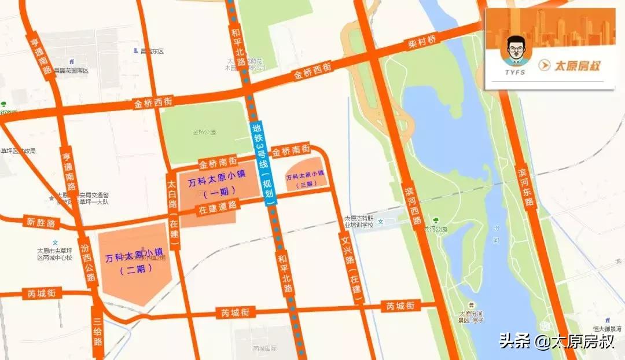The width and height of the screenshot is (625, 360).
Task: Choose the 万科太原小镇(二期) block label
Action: point(134,261)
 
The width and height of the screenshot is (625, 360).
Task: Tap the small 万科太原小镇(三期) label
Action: point(306,179)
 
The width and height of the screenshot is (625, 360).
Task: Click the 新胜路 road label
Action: point(41,222)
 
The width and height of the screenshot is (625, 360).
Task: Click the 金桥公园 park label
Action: point(204,132)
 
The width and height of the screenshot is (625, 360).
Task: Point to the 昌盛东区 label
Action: point(152,52)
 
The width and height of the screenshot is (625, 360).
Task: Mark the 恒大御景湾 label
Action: point(611,328)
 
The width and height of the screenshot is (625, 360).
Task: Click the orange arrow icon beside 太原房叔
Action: point(544,65)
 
